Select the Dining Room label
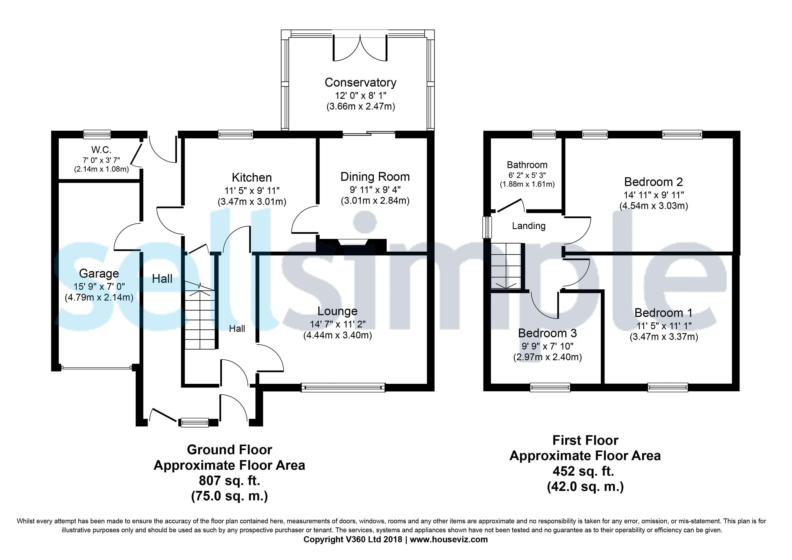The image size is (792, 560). coord(375,177)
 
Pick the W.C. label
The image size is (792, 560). coord(101,150)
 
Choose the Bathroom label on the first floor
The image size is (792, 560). coord(527,165)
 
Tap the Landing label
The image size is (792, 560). coord(529,226)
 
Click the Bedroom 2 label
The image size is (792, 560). coord(653,182)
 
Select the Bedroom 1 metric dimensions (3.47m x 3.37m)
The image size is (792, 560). coord(664,337)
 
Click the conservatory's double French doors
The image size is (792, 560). coord(360,48)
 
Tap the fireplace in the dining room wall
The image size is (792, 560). coord(352,242)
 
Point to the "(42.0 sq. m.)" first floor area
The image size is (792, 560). coord(585,487)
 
